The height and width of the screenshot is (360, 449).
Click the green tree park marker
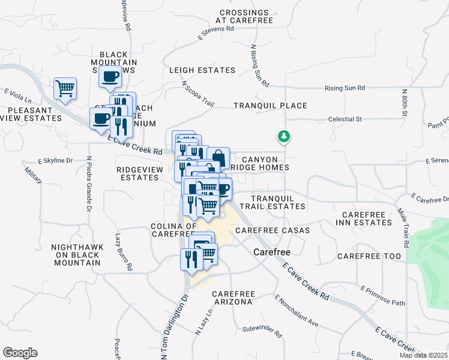coord(283,137)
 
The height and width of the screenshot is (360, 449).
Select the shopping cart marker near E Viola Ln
coord(65,89)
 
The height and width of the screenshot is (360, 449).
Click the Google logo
coord(20,353)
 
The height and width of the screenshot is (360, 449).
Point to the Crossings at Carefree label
coord(246,16)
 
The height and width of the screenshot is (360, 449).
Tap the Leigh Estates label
coord(202,70)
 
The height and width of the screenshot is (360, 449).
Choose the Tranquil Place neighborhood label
coord(270,106)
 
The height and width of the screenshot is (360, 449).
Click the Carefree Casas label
coord(273,230)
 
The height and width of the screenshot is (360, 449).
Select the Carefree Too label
coord(369,256)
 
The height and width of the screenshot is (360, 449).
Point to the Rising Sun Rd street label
coord(345,88)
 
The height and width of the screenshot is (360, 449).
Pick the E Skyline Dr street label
coord(55,161)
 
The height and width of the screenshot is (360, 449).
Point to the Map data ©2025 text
coord(423,355)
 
